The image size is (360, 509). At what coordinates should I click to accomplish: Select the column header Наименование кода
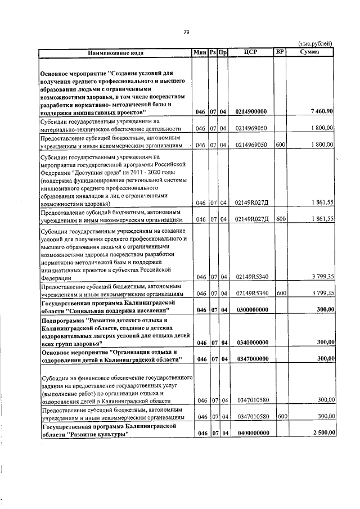point(115,53)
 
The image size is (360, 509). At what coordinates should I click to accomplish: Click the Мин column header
point(200,53)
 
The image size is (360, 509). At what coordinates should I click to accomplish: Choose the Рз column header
point(213,53)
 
